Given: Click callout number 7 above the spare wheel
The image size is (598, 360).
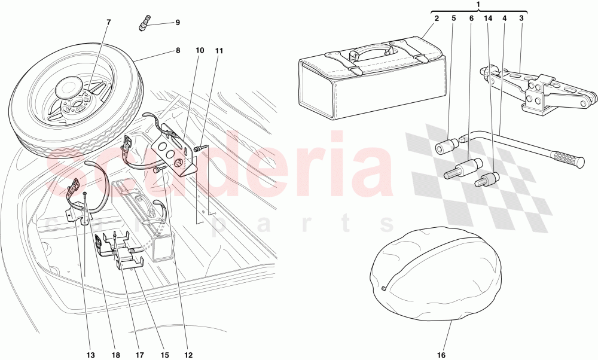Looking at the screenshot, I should [x=108, y=22].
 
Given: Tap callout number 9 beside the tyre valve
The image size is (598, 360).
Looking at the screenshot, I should [x=178, y=23].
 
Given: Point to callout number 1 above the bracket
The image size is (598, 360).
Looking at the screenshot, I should [x=479, y=5].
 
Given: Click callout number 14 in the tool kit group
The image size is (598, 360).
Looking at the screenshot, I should [x=489, y=19].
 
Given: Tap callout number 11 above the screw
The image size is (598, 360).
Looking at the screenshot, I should [x=219, y=51].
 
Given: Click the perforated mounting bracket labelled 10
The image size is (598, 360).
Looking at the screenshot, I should [x=176, y=152].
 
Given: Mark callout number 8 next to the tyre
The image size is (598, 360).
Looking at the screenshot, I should [x=178, y=51].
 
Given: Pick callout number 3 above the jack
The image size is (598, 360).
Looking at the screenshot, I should [x=521, y=19].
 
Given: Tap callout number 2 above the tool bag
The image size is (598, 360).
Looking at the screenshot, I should [x=437, y=19].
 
